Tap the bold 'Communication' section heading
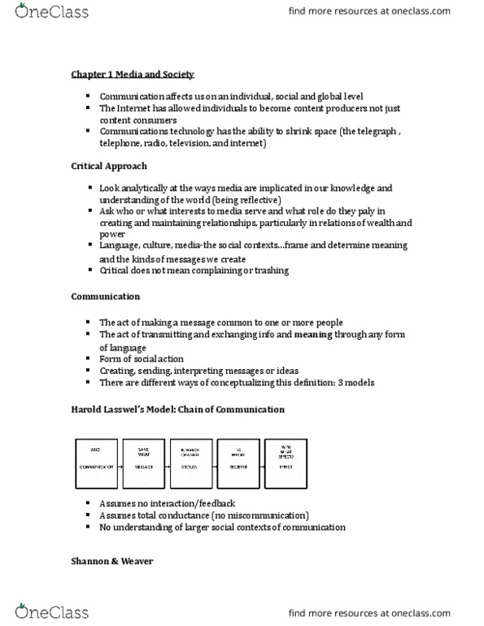105,297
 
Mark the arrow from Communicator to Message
119,468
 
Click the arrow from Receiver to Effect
262,468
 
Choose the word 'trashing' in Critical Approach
269,270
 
